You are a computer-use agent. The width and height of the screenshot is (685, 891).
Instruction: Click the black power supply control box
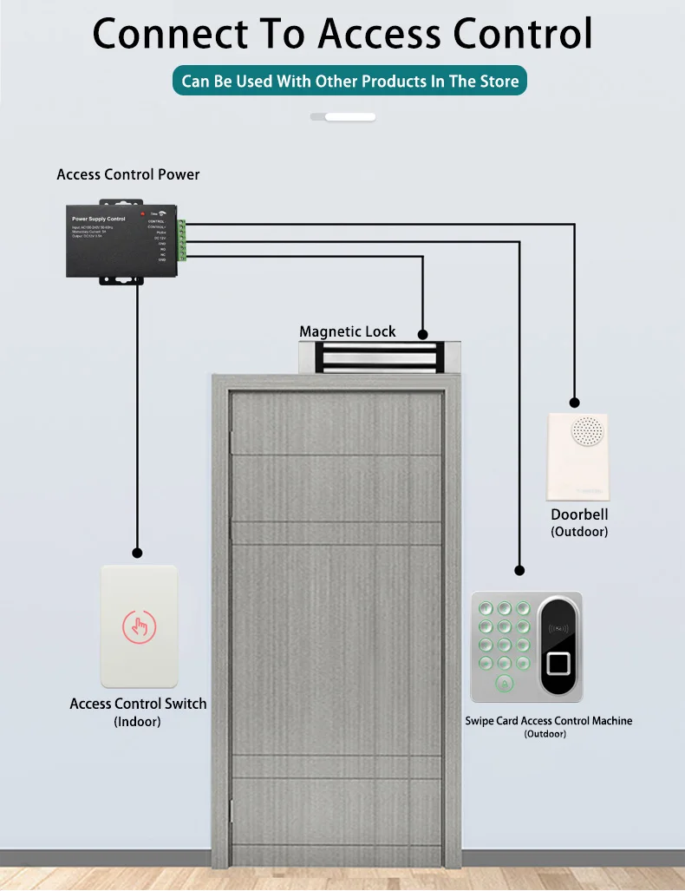point(121,240)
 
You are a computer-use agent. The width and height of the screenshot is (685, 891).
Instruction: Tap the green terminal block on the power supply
point(182,240)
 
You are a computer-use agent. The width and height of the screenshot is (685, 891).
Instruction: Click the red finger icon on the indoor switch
point(139,626)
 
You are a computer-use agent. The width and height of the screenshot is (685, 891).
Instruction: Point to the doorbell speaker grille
point(587,431)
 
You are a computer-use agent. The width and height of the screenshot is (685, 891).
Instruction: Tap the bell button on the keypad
point(501,685)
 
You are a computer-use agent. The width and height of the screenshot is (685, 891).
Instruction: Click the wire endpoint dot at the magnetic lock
point(422,334)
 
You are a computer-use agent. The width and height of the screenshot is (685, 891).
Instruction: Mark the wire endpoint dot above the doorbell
point(574,403)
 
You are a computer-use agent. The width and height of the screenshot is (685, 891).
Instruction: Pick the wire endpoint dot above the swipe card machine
point(519,571)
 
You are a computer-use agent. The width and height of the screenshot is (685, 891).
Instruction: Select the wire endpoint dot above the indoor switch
point(137,552)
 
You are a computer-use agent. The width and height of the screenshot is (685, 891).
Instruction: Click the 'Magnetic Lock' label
point(347,331)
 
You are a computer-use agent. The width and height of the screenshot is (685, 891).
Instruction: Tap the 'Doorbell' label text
point(579,514)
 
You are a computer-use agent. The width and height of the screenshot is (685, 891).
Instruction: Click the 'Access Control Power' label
point(128,174)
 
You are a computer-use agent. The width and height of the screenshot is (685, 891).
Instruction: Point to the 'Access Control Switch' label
point(138,704)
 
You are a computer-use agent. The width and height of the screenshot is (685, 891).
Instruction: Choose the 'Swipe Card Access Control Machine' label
point(549,721)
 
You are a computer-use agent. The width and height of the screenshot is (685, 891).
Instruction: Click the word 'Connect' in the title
point(170,35)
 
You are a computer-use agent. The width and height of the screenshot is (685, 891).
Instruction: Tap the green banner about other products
point(350,82)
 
